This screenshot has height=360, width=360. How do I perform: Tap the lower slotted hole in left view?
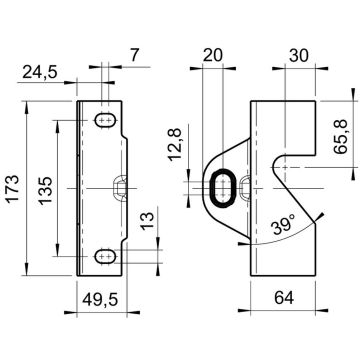coord(104,258)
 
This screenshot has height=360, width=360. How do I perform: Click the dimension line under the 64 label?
coord(284,312)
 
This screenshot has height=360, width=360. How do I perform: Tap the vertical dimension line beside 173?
coord(29,187)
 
